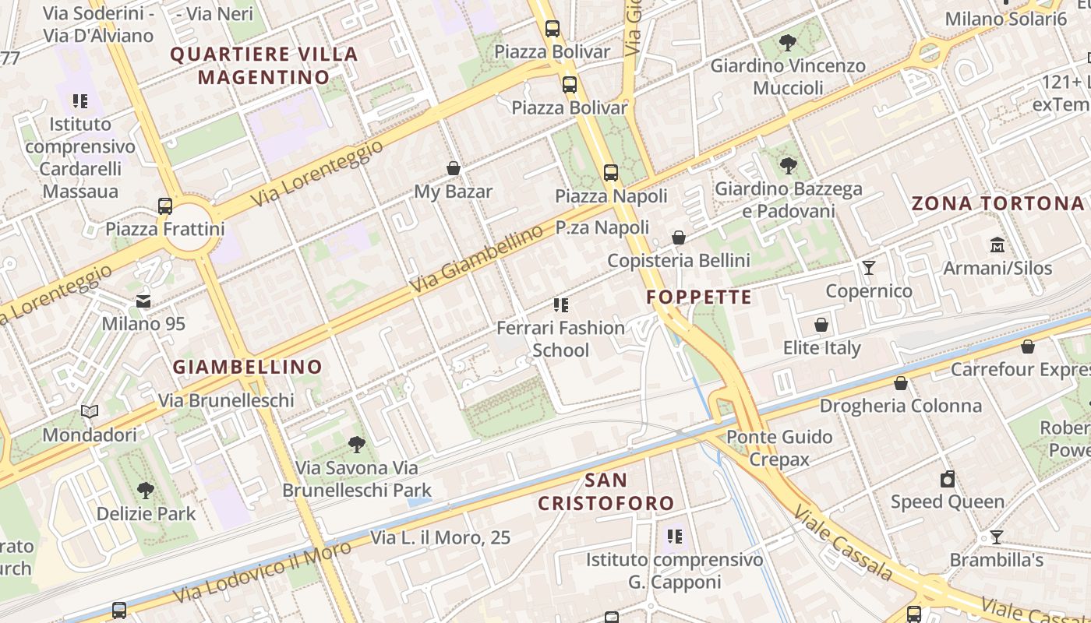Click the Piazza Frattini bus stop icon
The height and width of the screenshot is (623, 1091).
pyautogui.click(x=165, y=206)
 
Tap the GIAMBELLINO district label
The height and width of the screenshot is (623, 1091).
pyautogui.click(x=247, y=367)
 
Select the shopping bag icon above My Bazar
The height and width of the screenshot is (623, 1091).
pyautogui.click(x=453, y=168)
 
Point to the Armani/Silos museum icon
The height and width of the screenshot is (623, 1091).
pyautogui.click(x=997, y=245)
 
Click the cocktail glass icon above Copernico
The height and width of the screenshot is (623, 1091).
pyautogui.click(x=869, y=269)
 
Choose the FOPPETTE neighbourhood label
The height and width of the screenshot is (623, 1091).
pyautogui.click(x=699, y=297)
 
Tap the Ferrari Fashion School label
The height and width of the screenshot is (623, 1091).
pyautogui.click(x=560, y=339)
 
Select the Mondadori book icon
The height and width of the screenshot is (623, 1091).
pyautogui.click(x=90, y=412)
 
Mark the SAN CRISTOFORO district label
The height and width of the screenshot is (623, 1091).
pyautogui.click(x=606, y=491)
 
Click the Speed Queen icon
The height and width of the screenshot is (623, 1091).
pyautogui.click(x=948, y=479)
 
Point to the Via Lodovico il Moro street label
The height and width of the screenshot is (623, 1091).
pyautogui.click(x=257, y=575)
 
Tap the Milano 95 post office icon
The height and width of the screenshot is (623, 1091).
pyautogui.click(x=143, y=301)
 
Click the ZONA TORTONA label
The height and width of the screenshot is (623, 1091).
pyautogui.click(x=997, y=204)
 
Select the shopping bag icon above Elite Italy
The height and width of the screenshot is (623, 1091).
pyautogui.click(x=821, y=325)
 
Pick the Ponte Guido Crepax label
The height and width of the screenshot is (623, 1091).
pyautogui.click(x=779, y=448)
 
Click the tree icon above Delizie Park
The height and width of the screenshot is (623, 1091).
pyautogui.click(x=146, y=491)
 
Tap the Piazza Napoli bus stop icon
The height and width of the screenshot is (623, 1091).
pyautogui.click(x=611, y=173)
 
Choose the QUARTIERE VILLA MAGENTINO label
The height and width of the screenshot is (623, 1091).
pyautogui.click(x=263, y=65)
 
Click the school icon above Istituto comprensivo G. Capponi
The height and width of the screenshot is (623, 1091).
pyautogui.click(x=675, y=537)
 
